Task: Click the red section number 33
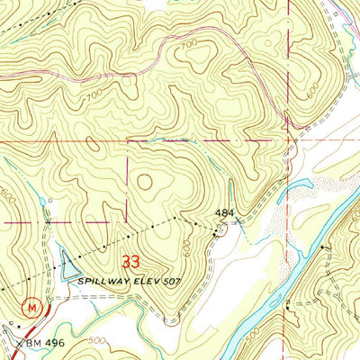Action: pos(132,263)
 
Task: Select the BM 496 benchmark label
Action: pos(36,341)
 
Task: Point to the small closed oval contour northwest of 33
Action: pos(144,182)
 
